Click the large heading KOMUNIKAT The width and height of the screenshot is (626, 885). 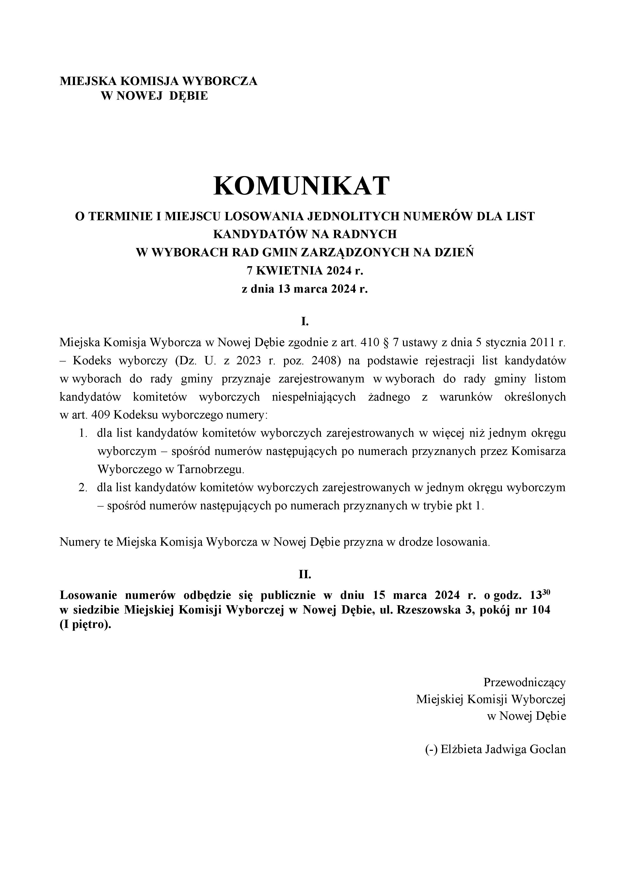point(302,186)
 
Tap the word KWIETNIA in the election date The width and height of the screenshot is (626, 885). point(289,271)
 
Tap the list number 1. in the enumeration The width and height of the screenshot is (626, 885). point(83,433)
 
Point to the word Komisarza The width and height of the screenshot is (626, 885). point(538,451)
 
